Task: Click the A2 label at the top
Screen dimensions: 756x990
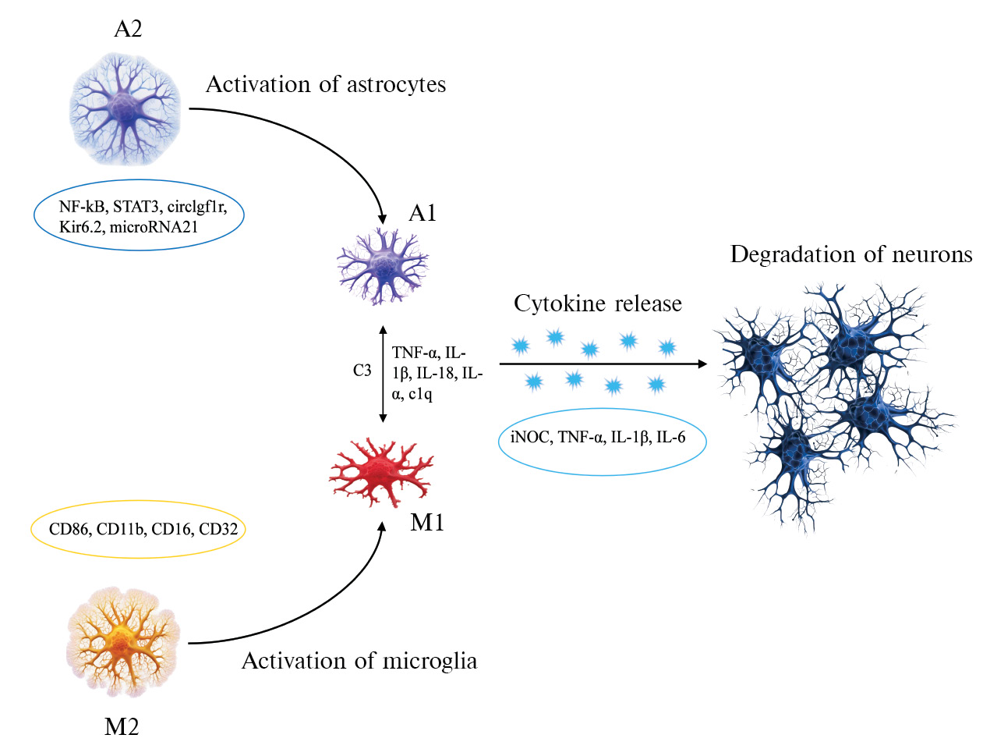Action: pos(128,30)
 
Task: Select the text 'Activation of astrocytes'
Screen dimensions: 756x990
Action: pos(325,84)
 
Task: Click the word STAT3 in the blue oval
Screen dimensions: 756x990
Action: pos(136,207)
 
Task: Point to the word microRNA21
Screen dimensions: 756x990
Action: pos(154,227)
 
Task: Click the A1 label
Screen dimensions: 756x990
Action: pos(423,213)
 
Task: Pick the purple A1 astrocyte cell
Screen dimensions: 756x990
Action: pos(382,265)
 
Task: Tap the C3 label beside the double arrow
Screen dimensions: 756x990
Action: pos(362,371)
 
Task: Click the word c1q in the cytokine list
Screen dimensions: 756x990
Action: pos(420,394)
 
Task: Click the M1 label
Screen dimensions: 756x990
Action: pos(427,523)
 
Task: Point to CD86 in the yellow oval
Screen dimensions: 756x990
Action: pos(69,529)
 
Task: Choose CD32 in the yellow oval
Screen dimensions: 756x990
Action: pos(218,529)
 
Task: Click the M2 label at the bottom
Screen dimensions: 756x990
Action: pos(122,727)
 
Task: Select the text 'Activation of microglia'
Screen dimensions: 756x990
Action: pos(359,661)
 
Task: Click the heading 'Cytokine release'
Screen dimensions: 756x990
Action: pos(597,303)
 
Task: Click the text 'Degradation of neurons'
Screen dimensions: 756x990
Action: pos(851,254)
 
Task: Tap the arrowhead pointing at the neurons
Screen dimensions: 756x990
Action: pos(702,364)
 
